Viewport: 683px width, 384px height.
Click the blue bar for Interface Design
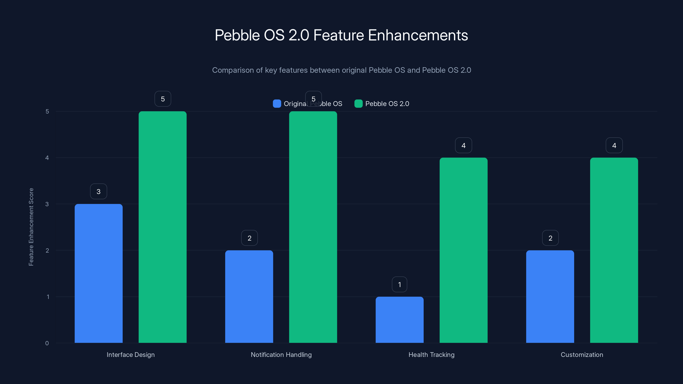click(x=99, y=273)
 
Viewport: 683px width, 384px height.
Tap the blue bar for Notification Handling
click(x=249, y=296)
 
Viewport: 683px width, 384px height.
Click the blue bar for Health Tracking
click(x=400, y=320)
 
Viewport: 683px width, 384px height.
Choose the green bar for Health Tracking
click(x=463, y=250)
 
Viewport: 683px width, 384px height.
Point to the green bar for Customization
click(x=614, y=250)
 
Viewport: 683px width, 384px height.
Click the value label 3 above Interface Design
click(x=99, y=191)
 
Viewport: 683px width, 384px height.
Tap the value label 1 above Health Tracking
click(x=400, y=284)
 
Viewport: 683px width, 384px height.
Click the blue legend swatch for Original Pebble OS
click(x=277, y=104)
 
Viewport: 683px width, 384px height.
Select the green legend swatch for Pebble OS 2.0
click(x=359, y=104)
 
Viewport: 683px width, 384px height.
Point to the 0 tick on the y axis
click(x=47, y=343)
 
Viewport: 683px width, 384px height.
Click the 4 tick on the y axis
click(x=47, y=158)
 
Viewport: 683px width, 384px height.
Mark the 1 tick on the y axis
click(x=48, y=297)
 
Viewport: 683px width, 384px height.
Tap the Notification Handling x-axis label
click(x=281, y=355)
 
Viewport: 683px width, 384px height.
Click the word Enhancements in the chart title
click(x=418, y=35)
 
